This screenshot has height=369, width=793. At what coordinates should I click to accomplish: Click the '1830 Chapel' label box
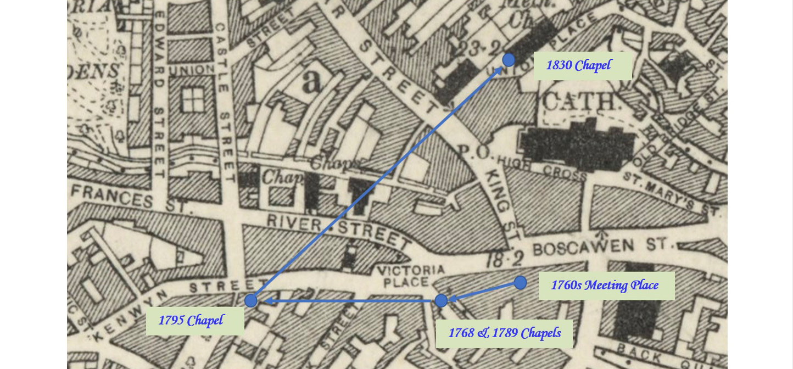(582, 66)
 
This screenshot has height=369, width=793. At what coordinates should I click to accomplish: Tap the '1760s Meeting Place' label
(606, 286)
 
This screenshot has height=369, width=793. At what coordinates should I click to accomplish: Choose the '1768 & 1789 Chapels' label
(504, 333)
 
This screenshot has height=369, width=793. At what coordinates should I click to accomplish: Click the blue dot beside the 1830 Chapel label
(509, 60)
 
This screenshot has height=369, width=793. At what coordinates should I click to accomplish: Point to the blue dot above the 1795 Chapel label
(251, 300)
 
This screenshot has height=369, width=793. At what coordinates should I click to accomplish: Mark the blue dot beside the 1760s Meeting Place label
(520, 283)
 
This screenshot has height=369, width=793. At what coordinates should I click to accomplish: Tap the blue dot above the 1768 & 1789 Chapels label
(440, 300)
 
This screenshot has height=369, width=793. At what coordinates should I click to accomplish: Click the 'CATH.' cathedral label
(580, 103)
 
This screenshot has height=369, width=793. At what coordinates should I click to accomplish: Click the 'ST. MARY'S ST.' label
(671, 194)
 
